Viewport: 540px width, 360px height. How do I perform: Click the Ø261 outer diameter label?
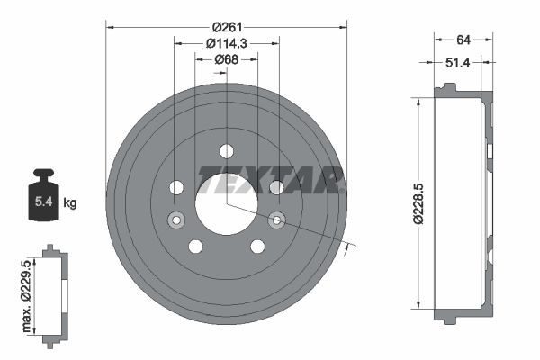click(226, 26)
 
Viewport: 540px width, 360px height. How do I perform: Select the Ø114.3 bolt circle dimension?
click(226, 42)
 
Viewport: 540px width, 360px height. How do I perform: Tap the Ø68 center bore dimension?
click(226, 59)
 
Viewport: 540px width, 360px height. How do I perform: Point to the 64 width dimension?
click(463, 39)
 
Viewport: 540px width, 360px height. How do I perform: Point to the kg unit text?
click(70, 203)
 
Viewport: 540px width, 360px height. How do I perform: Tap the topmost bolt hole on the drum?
click(226, 150)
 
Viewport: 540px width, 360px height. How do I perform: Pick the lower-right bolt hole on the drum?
click(257, 247)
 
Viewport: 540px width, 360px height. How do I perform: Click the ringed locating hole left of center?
click(175, 219)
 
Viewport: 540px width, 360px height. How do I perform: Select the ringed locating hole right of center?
click(277, 218)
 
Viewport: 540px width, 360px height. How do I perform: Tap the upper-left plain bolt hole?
click(176, 187)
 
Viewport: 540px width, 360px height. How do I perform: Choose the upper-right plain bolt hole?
click(276, 187)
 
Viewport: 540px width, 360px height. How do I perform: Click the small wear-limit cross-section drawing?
click(54, 291)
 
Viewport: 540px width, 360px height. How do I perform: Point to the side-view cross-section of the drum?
click(464, 204)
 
